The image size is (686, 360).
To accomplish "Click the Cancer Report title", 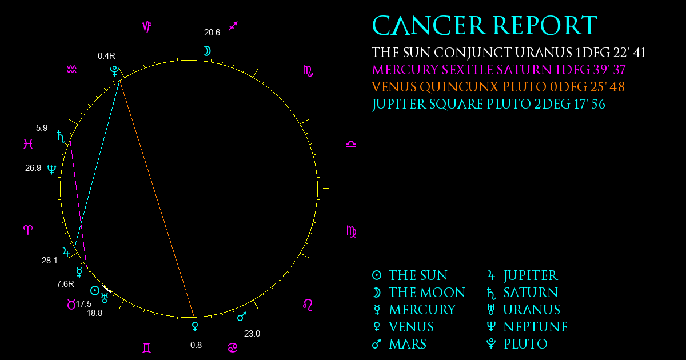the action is click(485, 25).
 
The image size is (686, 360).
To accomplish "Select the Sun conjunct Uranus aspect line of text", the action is click(508, 53).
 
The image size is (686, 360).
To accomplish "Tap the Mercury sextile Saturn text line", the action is click(498, 70).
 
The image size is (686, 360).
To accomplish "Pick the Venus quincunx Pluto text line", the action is click(498, 87).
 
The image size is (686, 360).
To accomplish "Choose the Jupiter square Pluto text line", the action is click(488, 105).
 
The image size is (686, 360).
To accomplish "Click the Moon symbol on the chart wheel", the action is click(208, 51).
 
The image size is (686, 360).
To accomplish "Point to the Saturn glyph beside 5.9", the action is click(61, 137).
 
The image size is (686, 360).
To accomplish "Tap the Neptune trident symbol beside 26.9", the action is click(52, 169).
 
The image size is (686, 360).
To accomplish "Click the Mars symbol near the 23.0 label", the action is click(242, 317).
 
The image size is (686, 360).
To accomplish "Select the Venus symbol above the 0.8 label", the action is click(195, 326).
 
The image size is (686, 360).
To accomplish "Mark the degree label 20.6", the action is click(212, 33).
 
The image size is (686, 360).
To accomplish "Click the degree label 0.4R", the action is click(106, 56).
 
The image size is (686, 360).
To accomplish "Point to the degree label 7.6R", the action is click(65, 284).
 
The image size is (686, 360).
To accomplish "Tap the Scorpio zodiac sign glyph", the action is click(308, 71).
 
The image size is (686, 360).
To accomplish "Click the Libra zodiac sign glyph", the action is click(351, 144).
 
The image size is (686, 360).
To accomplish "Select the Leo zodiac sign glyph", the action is click(308, 305).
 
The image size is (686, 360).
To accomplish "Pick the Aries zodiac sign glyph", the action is click(28, 230).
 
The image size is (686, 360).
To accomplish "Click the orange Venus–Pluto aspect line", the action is click(157, 199).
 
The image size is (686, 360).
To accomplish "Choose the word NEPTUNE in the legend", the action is click(536, 327).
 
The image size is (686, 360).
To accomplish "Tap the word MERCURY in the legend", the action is click(422, 310).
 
